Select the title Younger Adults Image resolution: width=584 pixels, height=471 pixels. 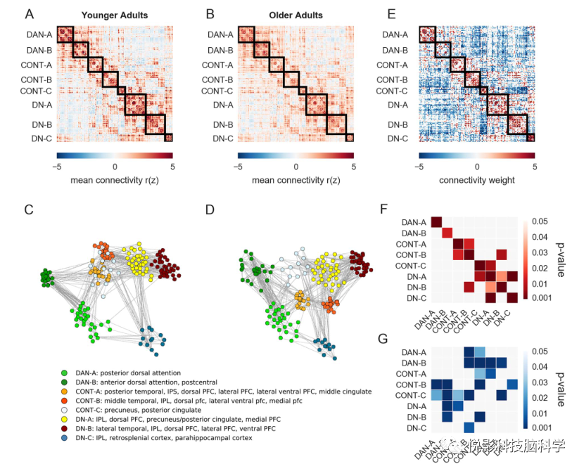pyautogui.click(x=114, y=15)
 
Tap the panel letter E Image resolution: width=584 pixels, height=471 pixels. pyautogui.click(x=391, y=13)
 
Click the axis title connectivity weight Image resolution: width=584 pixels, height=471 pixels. pyautogui.click(x=476, y=180)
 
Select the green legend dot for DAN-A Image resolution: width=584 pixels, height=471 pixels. pyautogui.click(x=65, y=373)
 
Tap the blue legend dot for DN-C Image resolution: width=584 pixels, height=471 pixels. pyautogui.click(x=65, y=438)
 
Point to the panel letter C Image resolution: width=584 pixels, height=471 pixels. pyautogui.click(x=29, y=209)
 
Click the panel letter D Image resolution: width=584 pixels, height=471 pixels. pyautogui.click(x=210, y=209)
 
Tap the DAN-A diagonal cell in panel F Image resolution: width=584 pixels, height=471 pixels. pyautogui.click(x=436, y=223)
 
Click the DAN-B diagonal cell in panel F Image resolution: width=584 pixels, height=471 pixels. pyautogui.click(x=447, y=233)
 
